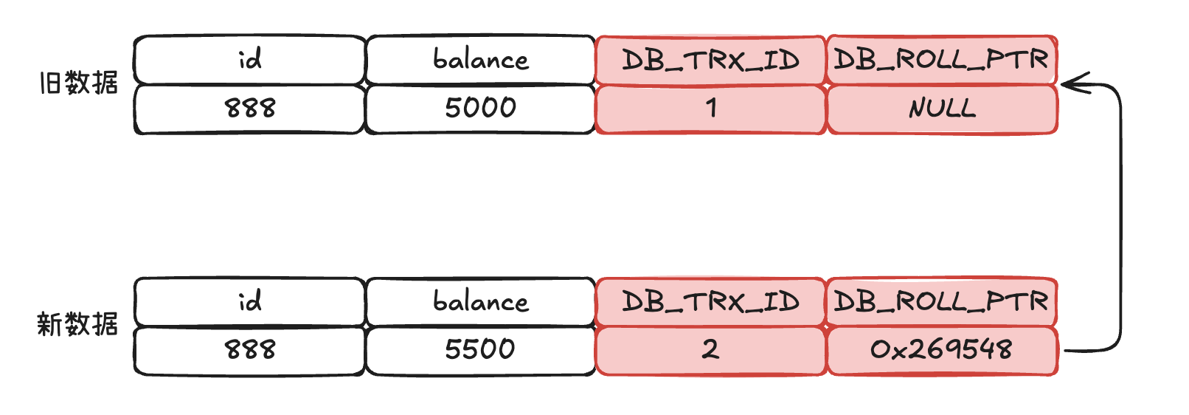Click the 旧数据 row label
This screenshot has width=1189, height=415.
pyautogui.click(x=79, y=83)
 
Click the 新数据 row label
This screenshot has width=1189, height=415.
pyautogui.click(x=77, y=324)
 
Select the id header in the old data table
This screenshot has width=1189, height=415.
pyautogui.click(x=249, y=60)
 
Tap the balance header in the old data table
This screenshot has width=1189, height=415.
pyautogui.click(x=480, y=60)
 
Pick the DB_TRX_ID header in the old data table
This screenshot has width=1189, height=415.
pyautogui.click(x=710, y=60)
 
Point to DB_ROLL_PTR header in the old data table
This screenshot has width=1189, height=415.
pyautogui.click(x=942, y=60)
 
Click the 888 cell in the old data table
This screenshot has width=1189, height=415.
pyautogui.click(x=249, y=109)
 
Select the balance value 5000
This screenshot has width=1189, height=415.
pyautogui.click(x=480, y=109)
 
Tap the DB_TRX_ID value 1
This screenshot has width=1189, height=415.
pyautogui.click(x=710, y=109)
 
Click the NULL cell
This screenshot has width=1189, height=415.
pyautogui.click(x=942, y=109)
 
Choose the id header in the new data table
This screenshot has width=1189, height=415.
pyautogui.click(x=249, y=301)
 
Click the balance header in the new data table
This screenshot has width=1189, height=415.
pyautogui.click(x=480, y=301)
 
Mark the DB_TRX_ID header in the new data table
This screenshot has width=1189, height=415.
pyautogui.click(x=710, y=302)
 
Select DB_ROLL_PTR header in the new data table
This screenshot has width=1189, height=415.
pyautogui.click(x=942, y=302)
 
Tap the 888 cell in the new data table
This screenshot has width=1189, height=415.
pyautogui.click(x=249, y=350)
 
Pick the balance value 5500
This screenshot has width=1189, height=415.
pyautogui.click(x=480, y=350)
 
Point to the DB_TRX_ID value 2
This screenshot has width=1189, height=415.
pyautogui.click(x=710, y=351)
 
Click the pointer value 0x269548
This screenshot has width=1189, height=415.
pyautogui.click(x=942, y=351)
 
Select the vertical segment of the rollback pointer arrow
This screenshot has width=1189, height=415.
pyautogui.click(x=1121, y=218)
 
